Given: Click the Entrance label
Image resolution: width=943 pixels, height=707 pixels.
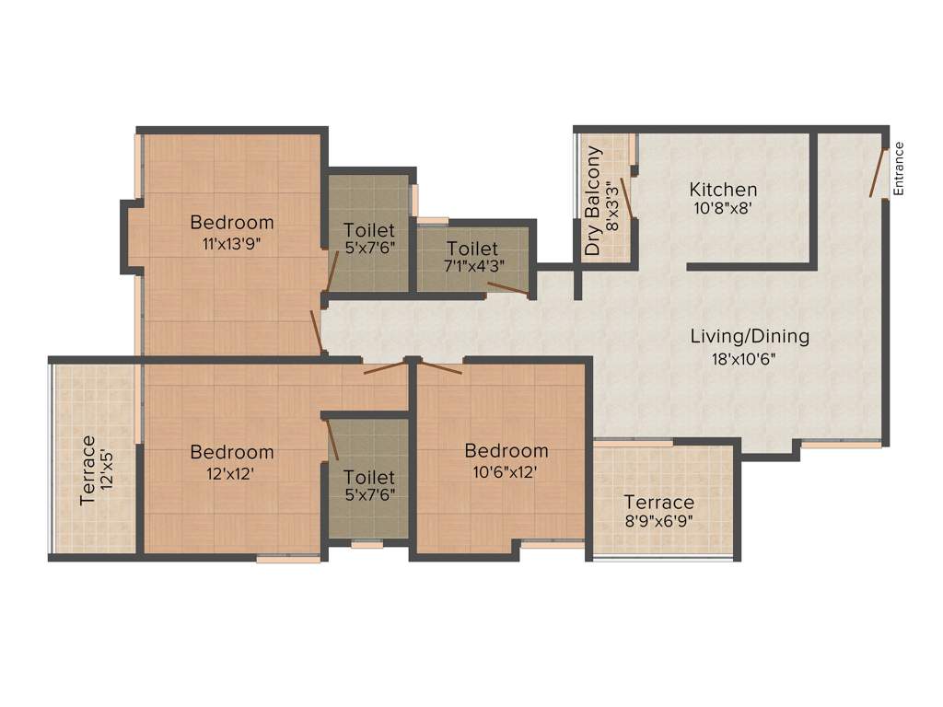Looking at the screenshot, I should pyautogui.click(x=900, y=168).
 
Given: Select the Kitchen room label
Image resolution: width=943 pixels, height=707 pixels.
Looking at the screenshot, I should pyautogui.click(x=723, y=190).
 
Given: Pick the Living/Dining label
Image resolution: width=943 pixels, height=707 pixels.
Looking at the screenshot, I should pyautogui.click(x=750, y=336).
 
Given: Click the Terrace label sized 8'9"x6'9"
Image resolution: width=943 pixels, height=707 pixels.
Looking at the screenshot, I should pyautogui.click(x=658, y=503).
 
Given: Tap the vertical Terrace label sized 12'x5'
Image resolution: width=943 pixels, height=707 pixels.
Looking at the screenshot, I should pyautogui.click(x=87, y=469).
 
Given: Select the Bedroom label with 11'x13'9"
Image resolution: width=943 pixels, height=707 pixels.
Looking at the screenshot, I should pyautogui.click(x=232, y=222).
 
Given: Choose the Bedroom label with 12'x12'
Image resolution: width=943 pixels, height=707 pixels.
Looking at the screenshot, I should pyautogui.click(x=232, y=452).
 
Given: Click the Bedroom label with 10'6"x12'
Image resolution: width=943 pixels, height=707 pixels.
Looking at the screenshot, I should pyautogui.click(x=506, y=451).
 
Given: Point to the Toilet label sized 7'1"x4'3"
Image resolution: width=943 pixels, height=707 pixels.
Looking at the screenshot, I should pyautogui.click(x=472, y=249).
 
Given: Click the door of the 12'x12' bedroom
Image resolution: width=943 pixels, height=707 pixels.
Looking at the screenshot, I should pyautogui.click(x=385, y=367).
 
